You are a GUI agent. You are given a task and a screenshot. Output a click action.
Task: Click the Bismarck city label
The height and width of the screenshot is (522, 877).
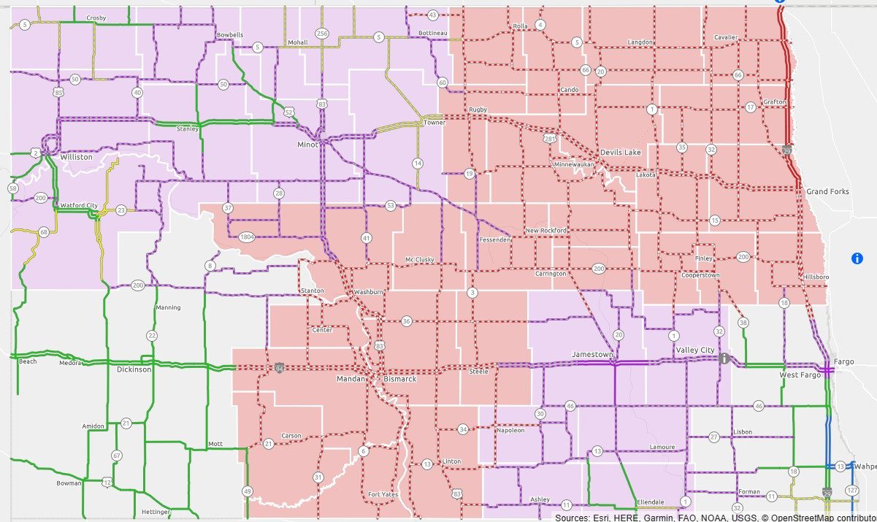click(x=399, y=379)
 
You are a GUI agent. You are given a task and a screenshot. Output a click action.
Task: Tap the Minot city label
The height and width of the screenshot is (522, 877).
click(x=307, y=145)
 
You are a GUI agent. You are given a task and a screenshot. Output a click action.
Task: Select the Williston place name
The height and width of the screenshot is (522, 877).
click(x=77, y=157)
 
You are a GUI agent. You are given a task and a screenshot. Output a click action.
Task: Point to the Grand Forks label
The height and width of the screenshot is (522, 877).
click(x=827, y=191)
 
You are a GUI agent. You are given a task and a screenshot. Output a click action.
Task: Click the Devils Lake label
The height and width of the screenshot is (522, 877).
click(x=620, y=152)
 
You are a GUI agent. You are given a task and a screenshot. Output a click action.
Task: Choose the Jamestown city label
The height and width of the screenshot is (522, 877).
click(x=592, y=354)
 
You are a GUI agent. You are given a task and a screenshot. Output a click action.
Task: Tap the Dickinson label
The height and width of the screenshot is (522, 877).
click(x=134, y=369)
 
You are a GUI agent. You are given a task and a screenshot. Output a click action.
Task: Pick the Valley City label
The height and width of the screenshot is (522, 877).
click(x=695, y=350)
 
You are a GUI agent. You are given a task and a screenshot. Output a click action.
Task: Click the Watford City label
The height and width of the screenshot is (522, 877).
click(x=78, y=205)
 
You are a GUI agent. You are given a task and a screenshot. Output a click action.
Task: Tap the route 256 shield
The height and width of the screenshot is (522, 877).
click(x=321, y=33)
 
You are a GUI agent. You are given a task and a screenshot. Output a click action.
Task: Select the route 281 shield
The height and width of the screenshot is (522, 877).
click(x=550, y=138)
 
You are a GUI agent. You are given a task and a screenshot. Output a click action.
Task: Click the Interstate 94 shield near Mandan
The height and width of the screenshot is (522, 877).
click(x=280, y=369)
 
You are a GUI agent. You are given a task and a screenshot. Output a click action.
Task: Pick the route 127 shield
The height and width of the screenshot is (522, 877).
click(x=851, y=490)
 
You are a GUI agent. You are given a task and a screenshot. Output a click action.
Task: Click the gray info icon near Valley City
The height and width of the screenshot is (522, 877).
click(x=724, y=358)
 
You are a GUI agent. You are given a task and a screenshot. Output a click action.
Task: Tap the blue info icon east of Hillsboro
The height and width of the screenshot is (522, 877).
click(x=857, y=258)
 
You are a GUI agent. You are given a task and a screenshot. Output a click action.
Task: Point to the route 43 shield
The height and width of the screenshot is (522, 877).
click(x=433, y=15)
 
